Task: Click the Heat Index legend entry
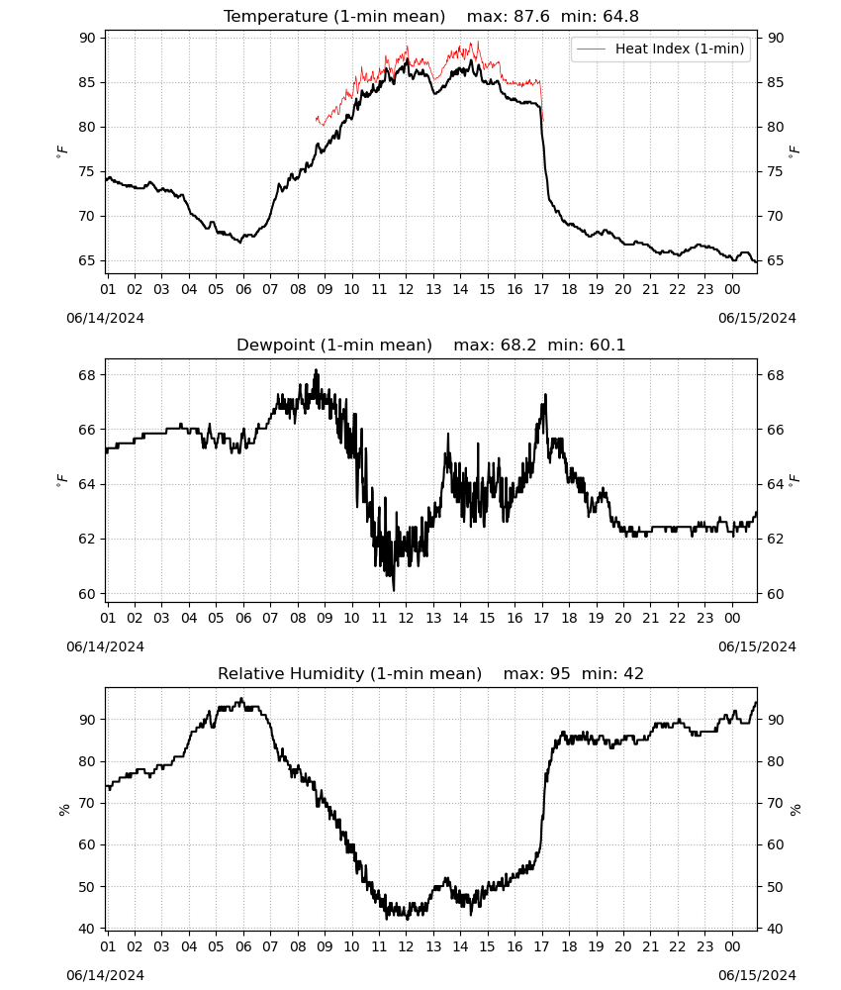pyautogui.click(x=661, y=49)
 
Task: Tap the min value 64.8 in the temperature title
pyautogui.click(x=620, y=16)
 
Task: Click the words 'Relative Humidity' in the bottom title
pyautogui.click(x=292, y=673)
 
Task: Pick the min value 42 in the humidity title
pyautogui.click(x=633, y=673)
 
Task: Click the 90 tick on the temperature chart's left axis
pyautogui.click(x=87, y=38)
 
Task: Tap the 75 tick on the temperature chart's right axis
pyautogui.click(x=776, y=171)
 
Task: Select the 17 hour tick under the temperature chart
pyautogui.click(x=542, y=289)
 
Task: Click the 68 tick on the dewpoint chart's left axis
pyautogui.click(x=87, y=375)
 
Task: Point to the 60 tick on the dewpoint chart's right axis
pyautogui.click(x=776, y=594)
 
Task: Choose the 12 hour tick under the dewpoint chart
pyautogui.click(x=406, y=618)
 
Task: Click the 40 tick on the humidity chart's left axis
pyautogui.click(x=87, y=929)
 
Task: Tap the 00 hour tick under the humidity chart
pyautogui.click(x=732, y=947)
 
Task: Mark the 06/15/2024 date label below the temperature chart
pyautogui.click(x=757, y=318)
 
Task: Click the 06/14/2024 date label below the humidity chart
pyautogui.click(x=105, y=975)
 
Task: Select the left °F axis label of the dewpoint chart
pyautogui.click(x=61, y=481)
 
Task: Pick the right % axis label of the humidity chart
pyautogui.click(x=794, y=810)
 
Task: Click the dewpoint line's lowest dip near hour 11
pyautogui.click(x=394, y=590)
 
